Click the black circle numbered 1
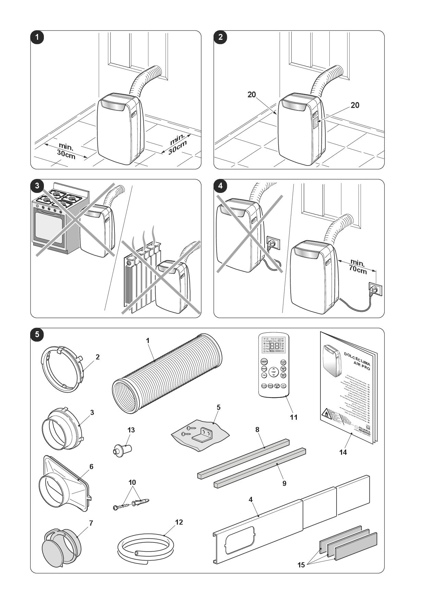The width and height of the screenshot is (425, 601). pos(37,37)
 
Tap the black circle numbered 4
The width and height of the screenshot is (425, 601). pos(220,186)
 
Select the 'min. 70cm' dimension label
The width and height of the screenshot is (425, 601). pos(357,267)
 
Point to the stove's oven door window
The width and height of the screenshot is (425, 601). pos(49,228)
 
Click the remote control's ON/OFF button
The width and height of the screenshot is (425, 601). pos(264,362)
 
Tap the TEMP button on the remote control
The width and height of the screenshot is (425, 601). pos(274,372)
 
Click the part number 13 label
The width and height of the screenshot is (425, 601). pos(131,430)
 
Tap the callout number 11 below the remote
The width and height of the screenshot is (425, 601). pos(293,417)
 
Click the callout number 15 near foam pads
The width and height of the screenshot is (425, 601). pos(301,565)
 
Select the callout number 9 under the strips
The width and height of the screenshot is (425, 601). pos(284,483)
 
